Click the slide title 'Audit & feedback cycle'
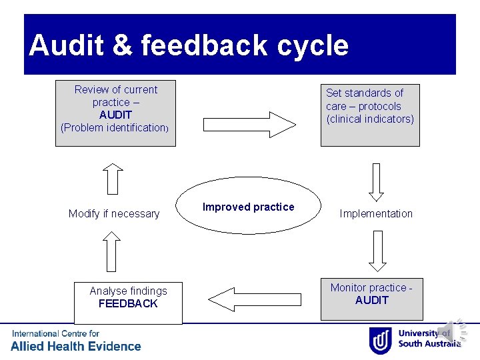[x=189, y=45]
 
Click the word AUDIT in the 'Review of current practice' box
[x=115, y=115]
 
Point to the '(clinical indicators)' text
[x=370, y=119]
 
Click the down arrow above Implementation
[x=377, y=182]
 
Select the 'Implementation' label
[x=376, y=213]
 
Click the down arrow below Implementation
[x=377, y=251]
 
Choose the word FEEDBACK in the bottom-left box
[x=128, y=304]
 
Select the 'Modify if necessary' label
[x=114, y=213]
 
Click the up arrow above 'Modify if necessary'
[x=114, y=179]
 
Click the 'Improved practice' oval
[x=248, y=207]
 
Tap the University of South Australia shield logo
[x=380, y=340]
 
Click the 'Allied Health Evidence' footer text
[x=75, y=346]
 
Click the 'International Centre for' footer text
[x=55, y=333]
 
